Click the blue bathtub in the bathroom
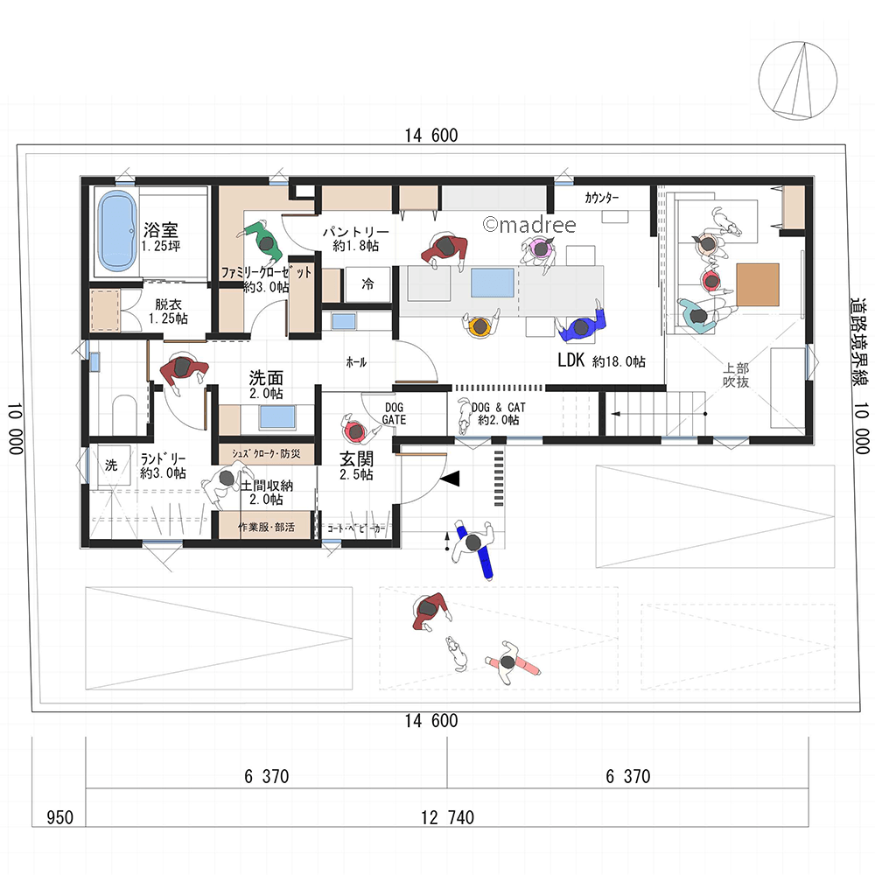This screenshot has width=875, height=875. (x=117, y=231)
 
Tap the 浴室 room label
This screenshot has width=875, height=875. (x=161, y=229)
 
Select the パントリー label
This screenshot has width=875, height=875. (x=356, y=232)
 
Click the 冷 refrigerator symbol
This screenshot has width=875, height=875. (x=367, y=284)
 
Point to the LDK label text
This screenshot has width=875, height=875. (x=570, y=360)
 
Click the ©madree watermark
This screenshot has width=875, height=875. (x=529, y=224)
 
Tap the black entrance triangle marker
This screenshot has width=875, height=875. (x=450, y=479)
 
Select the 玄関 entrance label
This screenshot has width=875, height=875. (x=356, y=458)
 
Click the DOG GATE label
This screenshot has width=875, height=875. (x=394, y=414)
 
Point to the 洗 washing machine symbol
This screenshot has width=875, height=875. (x=111, y=465)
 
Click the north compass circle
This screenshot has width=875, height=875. (x=797, y=80)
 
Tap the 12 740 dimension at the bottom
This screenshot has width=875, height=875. (x=447, y=817)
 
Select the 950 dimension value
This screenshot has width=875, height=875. (x=59, y=817)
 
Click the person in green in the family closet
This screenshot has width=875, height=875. (x=262, y=241)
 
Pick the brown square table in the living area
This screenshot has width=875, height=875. (x=757, y=284)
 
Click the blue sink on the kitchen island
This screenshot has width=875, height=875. (x=492, y=283)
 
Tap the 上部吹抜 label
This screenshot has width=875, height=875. (x=736, y=375)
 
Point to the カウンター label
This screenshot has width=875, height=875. (x=602, y=198)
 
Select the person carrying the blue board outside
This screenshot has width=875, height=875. (x=473, y=548)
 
